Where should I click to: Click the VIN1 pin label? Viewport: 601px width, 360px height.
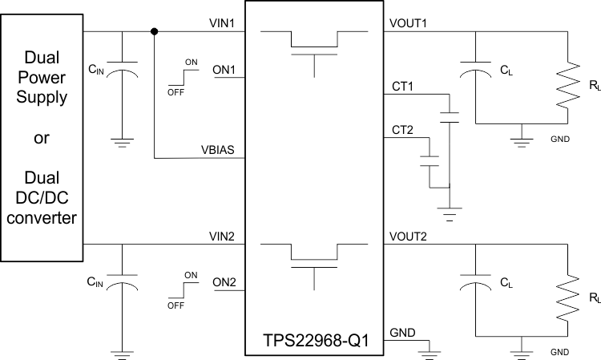click(x=220, y=23)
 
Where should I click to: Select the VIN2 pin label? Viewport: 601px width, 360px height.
click(x=220, y=236)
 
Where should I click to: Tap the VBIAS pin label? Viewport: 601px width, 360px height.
click(x=218, y=149)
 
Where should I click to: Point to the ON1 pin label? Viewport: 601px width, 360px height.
click(x=224, y=70)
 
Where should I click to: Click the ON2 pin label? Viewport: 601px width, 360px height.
click(x=224, y=282)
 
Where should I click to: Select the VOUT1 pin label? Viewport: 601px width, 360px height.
click(x=408, y=23)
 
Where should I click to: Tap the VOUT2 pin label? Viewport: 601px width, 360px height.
click(x=408, y=236)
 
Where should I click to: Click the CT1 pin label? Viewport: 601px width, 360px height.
click(x=401, y=84)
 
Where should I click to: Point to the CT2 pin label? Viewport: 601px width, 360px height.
click(x=401, y=129)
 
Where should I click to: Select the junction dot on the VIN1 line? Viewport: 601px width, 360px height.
click(x=154, y=32)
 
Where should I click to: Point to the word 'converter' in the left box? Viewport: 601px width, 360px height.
click(x=41, y=218)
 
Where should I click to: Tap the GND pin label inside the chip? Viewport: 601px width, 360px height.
click(x=401, y=332)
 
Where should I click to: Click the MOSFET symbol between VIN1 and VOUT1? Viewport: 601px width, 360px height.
click(x=314, y=48)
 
